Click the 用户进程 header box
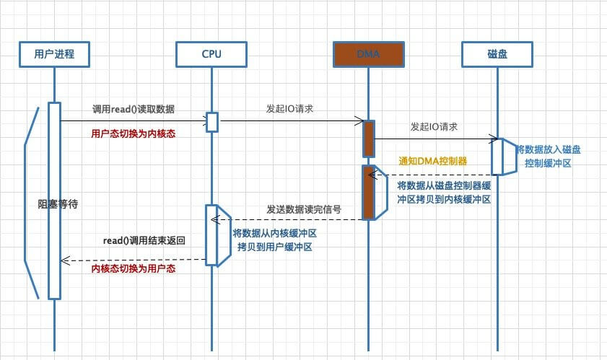(54, 53)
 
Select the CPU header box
(211, 53)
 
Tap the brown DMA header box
(367, 53)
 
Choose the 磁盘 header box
(497, 53)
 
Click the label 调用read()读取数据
(133, 109)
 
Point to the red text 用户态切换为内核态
(134, 133)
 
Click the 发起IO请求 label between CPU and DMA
(289, 109)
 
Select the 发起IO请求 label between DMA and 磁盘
(436, 126)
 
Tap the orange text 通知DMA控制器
(432, 161)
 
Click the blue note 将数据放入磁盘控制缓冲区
(549, 157)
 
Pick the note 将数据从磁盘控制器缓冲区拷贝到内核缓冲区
(444, 192)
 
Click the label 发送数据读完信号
(303, 209)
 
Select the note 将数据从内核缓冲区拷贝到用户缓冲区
(275, 240)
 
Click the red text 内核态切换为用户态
(134, 268)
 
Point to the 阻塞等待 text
(57, 204)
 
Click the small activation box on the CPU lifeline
(212, 122)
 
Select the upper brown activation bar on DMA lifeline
(368, 139)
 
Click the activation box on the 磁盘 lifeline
(498, 155)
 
